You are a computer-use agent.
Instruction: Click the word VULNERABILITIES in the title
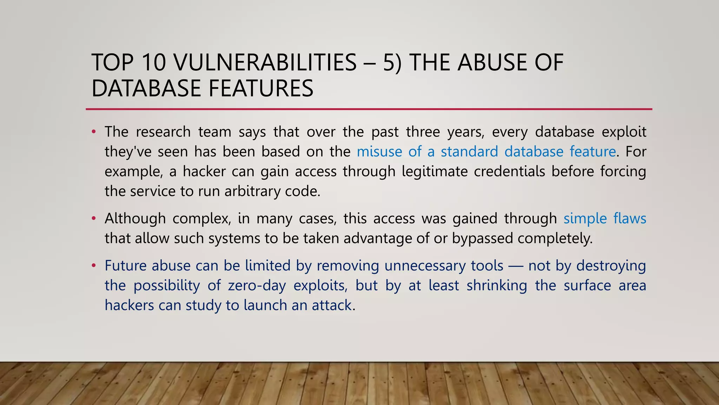(265, 63)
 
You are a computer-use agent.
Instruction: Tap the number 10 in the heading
(154, 63)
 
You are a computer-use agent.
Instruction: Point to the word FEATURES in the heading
(260, 88)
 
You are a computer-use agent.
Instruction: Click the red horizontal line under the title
(369, 109)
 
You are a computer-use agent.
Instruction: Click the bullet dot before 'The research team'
(93, 132)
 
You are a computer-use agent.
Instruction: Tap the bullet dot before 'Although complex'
(93, 219)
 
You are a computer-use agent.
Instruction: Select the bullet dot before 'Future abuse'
(93, 266)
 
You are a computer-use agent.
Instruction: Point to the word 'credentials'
(509, 172)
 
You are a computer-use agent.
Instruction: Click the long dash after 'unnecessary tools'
(516, 266)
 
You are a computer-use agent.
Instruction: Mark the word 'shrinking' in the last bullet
(497, 285)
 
